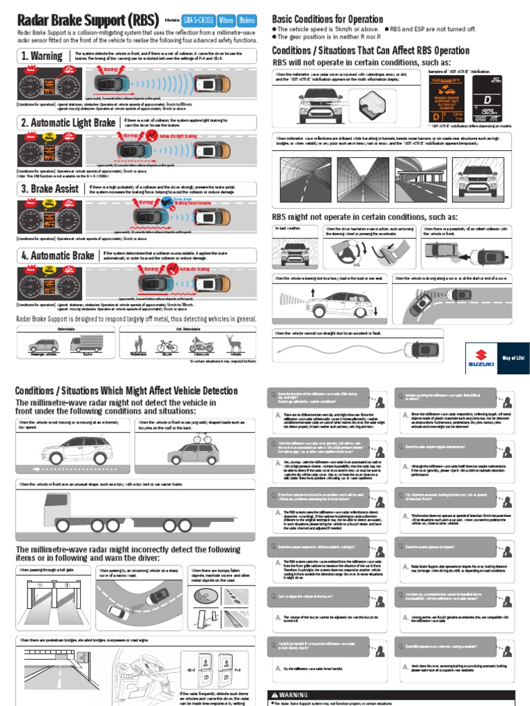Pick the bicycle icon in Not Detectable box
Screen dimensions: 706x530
pos(166,345)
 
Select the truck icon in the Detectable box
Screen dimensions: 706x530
pos(86,345)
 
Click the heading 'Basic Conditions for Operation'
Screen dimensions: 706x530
pos(327,19)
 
